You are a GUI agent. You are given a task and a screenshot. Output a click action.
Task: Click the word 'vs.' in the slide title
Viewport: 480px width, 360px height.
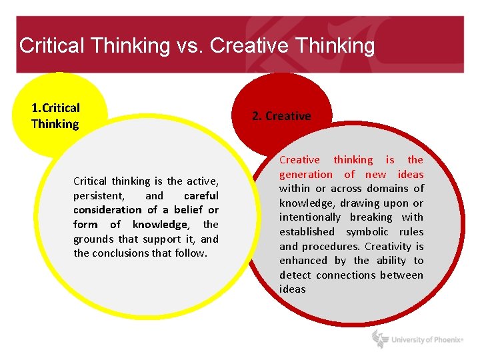click(189, 46)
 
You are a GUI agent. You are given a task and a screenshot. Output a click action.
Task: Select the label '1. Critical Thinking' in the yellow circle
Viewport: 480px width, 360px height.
click(55, 116)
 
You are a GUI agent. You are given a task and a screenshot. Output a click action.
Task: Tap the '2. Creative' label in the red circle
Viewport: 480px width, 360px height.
click(281, 116)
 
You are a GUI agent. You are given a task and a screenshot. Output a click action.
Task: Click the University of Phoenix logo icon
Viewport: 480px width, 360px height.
click(380, 339)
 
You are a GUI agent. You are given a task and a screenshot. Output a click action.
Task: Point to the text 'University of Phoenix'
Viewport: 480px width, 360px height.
click(427, 340)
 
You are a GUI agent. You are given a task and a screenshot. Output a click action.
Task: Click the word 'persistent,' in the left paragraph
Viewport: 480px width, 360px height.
click(99, 196)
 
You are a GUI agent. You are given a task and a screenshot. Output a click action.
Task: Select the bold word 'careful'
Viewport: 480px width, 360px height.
click(201, 196)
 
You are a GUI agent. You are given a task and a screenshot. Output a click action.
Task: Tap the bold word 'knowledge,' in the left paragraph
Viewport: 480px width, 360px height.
click(161, 225)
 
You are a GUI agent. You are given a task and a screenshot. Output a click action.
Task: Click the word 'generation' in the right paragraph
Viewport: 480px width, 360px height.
click(305, 175)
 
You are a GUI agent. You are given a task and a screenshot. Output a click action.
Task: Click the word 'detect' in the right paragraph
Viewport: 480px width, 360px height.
click(295, 275)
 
